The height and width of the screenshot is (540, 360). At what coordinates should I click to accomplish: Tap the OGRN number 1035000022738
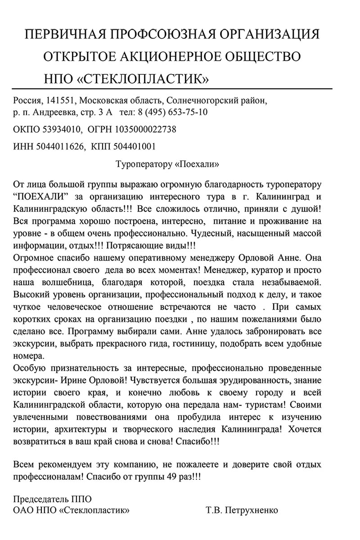[146, 130]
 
